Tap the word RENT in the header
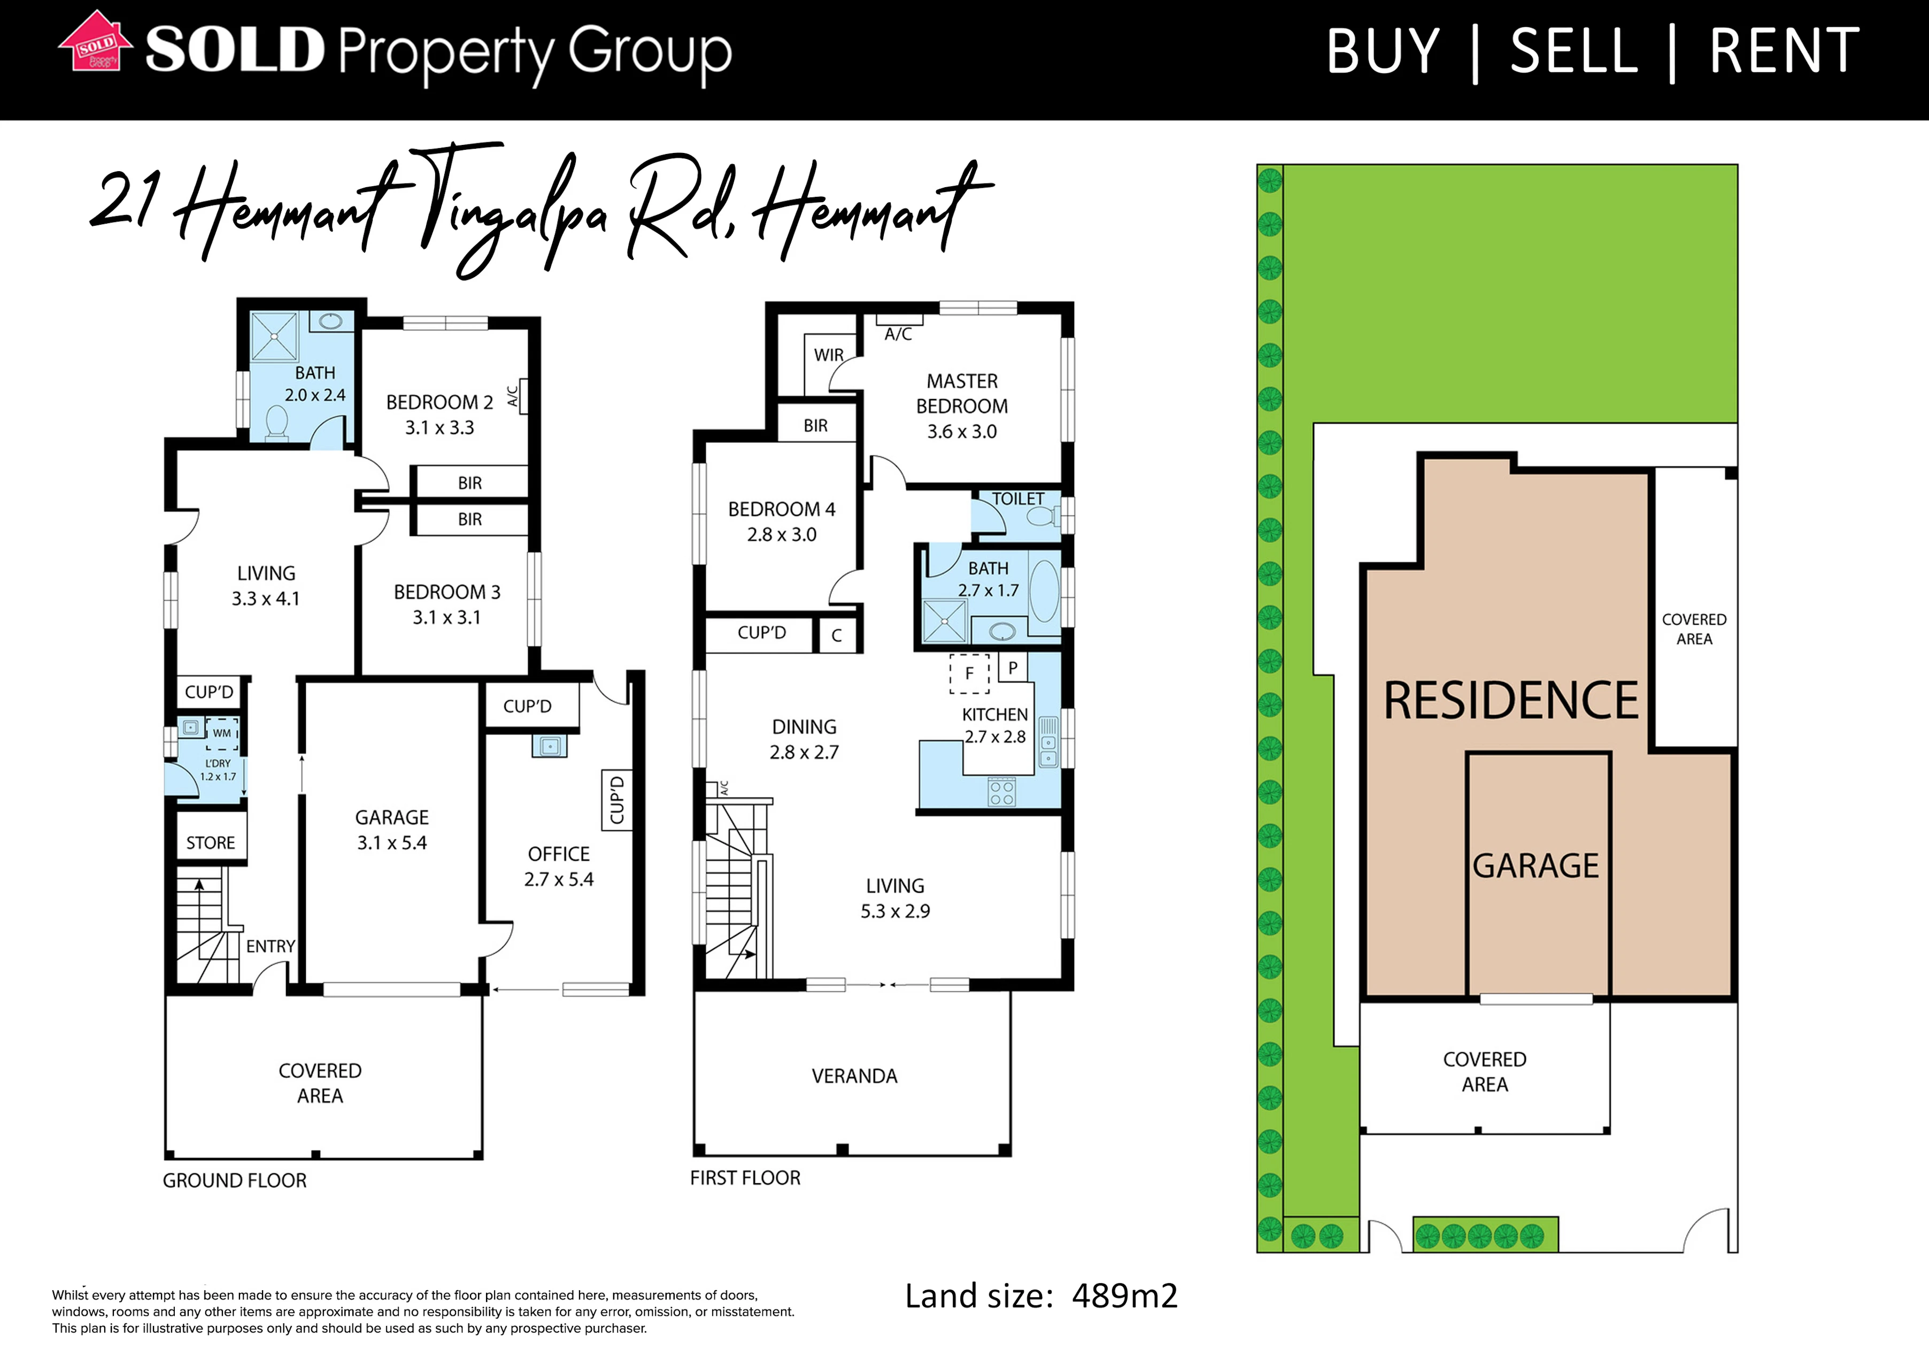tap(1785, 51)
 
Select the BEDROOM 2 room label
tap(439, 403)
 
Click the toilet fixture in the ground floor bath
tap(277, 421)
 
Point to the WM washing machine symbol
tap(222, 734)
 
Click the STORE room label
tap(211, 843)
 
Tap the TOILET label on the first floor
tap(1017, 499)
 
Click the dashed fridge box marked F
tap(969, 673)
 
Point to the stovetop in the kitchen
tap(1001, 792)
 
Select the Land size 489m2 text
tap(1041, 1296)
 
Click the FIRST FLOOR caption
tap(745, 1178)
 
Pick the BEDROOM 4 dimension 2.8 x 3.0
tap(782, 534)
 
